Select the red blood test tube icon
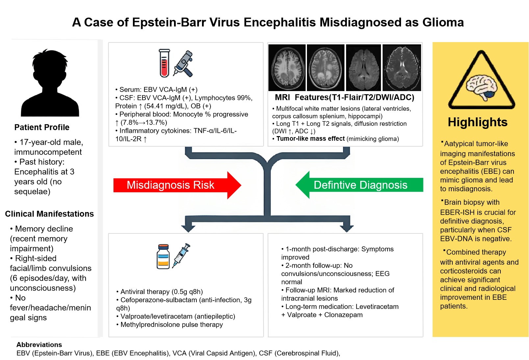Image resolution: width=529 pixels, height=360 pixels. coord(164,63)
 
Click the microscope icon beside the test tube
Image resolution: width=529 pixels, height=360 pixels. coord(184,64)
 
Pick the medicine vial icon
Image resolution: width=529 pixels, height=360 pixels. coord(163,256)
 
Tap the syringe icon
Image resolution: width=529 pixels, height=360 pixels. coord(181,255)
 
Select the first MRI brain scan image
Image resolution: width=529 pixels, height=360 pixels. coord(287,68)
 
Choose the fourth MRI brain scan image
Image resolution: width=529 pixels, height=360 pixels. coord(402,68)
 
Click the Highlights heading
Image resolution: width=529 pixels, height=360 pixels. coord(477,122)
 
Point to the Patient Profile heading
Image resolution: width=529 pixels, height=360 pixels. coord(42,127)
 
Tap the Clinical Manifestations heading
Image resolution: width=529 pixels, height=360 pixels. coord(49,214)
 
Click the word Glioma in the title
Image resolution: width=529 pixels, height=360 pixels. coord(443,22)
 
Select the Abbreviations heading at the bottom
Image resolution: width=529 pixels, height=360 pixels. coord(39,345)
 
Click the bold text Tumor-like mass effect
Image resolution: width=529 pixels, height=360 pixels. coord(310,139)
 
